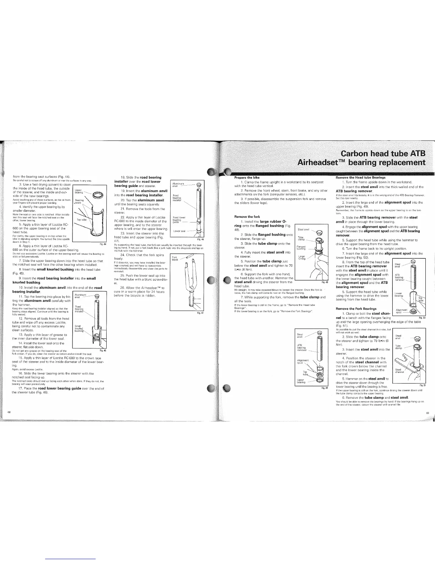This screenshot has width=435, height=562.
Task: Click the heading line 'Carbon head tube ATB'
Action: pyautogui.click(x=382, y=155)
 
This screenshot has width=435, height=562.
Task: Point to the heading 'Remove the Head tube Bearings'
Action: pyautogui.click(x=360, y=177)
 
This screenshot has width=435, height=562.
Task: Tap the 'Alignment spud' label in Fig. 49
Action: pyautogui.click(x=302, y=362)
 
